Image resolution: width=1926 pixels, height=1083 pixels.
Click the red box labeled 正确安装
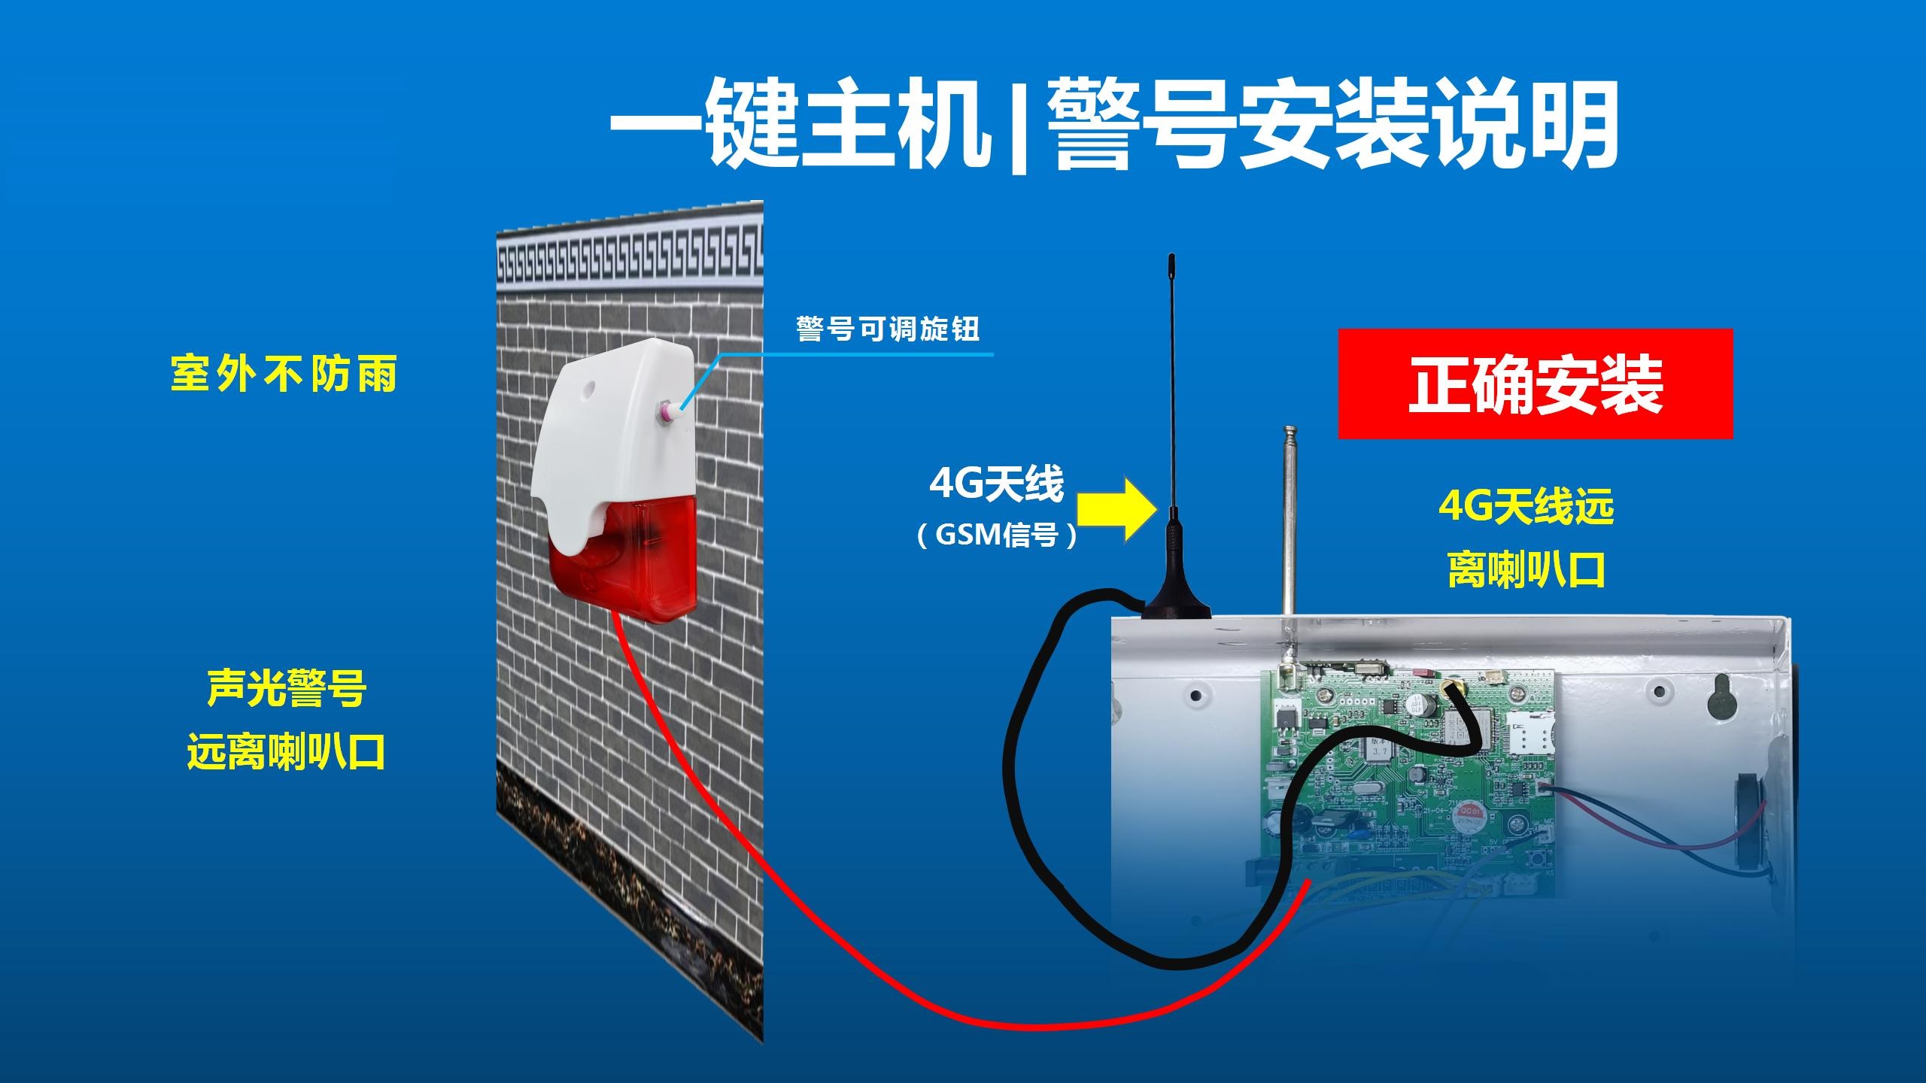[x=1535, y=384]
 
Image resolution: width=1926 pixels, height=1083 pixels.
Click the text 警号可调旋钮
[x=888, y=329]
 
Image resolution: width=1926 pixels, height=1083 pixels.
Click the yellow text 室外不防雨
[x=284, y=373]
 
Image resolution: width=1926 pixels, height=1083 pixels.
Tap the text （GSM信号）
[x=997, y=535]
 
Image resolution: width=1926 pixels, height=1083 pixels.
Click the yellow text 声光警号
[x=287, y=687]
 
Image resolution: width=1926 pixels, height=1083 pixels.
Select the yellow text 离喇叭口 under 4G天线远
[x=1527, y=569]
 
